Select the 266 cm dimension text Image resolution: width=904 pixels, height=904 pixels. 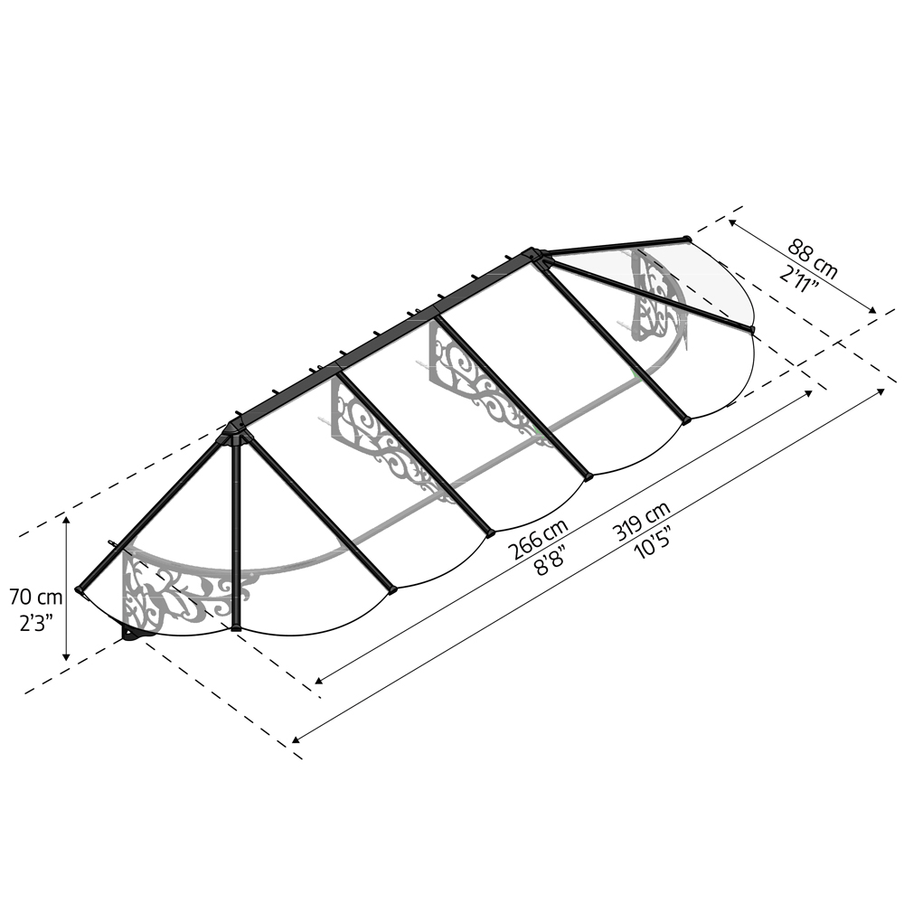(x=538, y=540)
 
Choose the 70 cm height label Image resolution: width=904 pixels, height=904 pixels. (x=36, y=597)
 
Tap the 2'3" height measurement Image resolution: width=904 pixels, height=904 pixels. (x=36, y=622)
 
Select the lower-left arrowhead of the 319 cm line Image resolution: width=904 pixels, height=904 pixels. (x=297, y=739)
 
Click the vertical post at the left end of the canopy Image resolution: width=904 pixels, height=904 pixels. (x=237, y=533)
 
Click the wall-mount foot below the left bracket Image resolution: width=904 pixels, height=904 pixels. (x=136, y=635)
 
